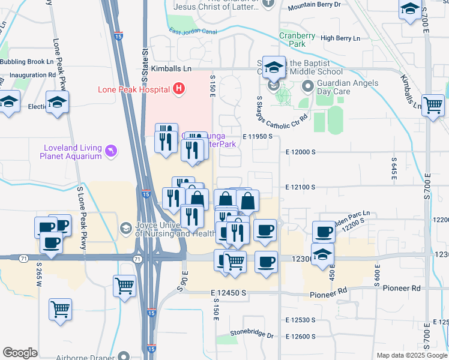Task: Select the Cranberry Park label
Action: pos(297,40)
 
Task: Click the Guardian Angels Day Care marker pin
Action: pos(309,86)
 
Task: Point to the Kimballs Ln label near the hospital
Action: pos(173,69)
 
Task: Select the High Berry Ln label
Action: pos(340,38)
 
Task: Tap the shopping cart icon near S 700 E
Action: pos(433,105)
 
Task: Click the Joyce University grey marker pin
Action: pos(126,229)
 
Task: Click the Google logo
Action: pos(20,352)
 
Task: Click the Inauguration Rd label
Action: pos(28,75)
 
